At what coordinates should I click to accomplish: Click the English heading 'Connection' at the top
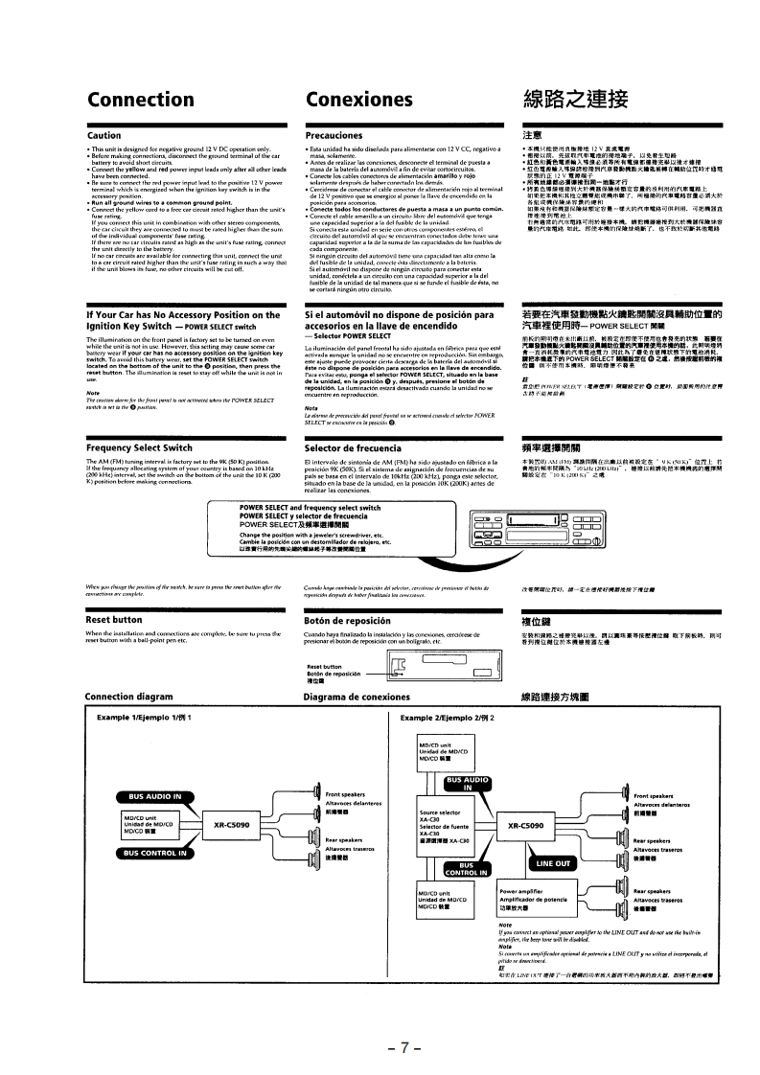click(x=140, y=100)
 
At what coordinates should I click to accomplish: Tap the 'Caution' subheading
click(x=104, y=136)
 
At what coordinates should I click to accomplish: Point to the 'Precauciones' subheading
click(x=333, y=136)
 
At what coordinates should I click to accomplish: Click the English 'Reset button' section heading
click(x=114, y=619)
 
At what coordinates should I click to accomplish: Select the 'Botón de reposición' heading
click(x=350, y=619)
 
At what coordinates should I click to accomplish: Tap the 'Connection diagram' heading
click(x=135, y=697)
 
